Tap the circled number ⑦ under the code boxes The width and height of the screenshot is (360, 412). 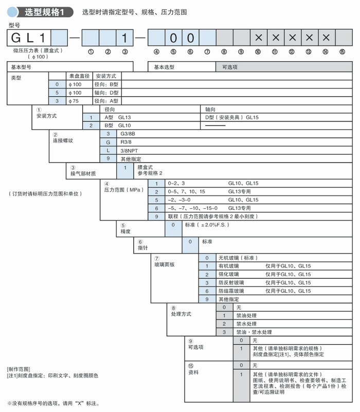pyautogui.click(x=207, y=51)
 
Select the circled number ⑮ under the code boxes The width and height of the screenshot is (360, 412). pyautogui.click(x=342, y=51)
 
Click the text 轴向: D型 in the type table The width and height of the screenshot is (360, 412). pyautogui.click(x=107, y=93)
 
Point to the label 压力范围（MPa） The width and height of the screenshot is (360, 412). pyautogui.click(x=122, y=190)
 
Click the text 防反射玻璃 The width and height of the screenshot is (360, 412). pyautogui.click(x=231, y=282)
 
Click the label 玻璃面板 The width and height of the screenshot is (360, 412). pyautogui.click(x=165, y=264)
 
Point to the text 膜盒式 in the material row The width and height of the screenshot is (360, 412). pyautogui.click(x=146, y=167)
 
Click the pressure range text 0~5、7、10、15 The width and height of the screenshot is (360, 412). pyautogui.click(x=186, y=191)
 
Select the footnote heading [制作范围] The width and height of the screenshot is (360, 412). pyautogui.click(x=19, y=369)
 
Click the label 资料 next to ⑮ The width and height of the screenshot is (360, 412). pyautogui.click(x=193, y=372)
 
